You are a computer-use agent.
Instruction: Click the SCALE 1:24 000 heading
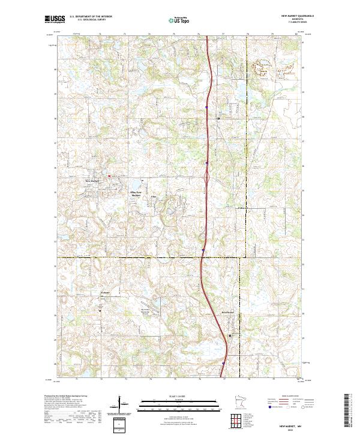(x=180, y=395)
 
